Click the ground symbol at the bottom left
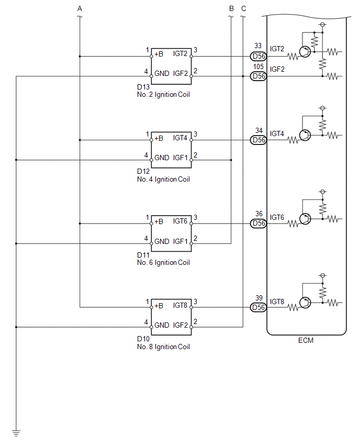click(x=16, y=433)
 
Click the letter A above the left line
click(x=80, y=8)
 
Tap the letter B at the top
click(x=231, y=8)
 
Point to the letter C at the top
click(x=243, y=8)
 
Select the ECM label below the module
click(x=306, y=340)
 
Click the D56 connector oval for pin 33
click(x=258, y=57)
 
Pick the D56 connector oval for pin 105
click(x=258, y=76)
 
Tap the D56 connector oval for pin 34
click(x=258, y=140)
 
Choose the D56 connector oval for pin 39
click(x=258, y=307)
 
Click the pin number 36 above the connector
click(x=259, y=214)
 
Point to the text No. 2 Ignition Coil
click(x=163, y=94)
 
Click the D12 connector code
click(x=143, y=171)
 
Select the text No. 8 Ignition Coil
click(x=163, y=347)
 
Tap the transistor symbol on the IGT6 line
click(x=305, y=219)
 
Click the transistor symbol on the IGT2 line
click(x=305, y=52)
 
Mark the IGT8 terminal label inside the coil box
click(x=180, y=305)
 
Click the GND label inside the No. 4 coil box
click(x=162, y=158)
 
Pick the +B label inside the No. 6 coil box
click(x=159, y=221)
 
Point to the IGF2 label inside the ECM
click(x=277, y=69)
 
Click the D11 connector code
click(x=143, y=255)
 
